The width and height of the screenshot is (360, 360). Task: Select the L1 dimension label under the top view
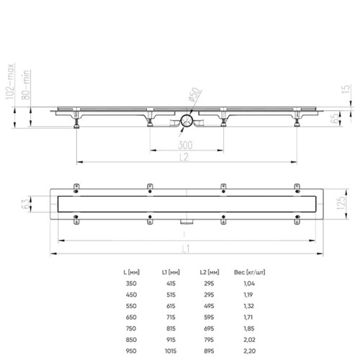185,248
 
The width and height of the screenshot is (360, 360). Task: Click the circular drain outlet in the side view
186,122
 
